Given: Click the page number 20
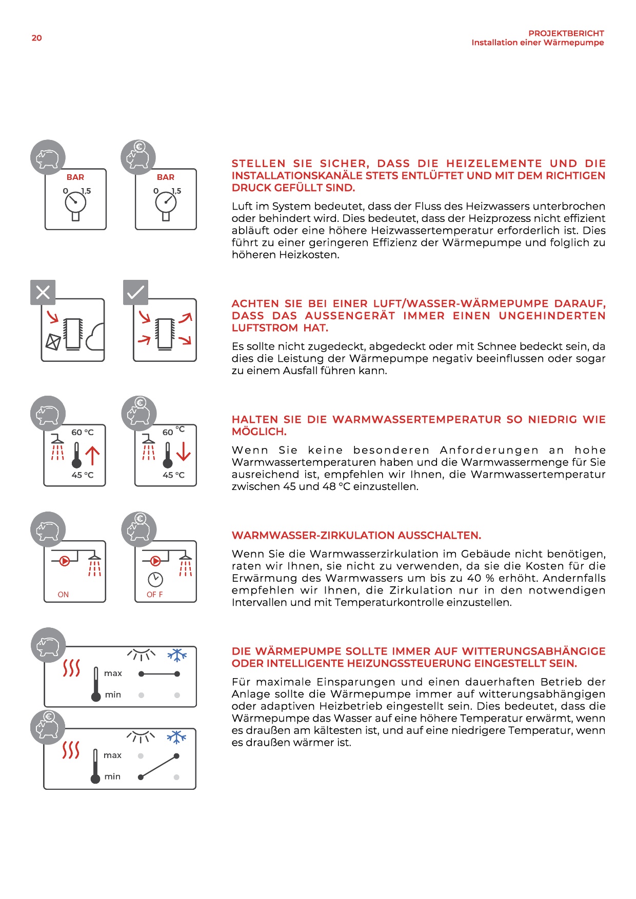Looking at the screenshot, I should tap(36, 38).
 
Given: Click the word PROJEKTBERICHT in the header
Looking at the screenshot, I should tap(566, 33).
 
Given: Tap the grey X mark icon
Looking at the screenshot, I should tap(43, 293).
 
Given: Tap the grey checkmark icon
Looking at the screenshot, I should tap(135, 293).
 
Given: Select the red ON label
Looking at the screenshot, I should tap(63, 595).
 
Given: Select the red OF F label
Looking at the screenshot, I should tap(154, 595).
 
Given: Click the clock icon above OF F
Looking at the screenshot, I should tap(155, 579).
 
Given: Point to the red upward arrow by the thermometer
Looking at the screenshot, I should tap(92, 455).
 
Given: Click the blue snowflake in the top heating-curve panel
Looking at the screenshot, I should tap(177, 655).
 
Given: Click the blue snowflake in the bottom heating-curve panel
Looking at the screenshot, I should tap(176, 737).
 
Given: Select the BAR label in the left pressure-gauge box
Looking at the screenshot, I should tap(75, 177).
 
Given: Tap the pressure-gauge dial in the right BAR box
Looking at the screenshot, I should tap(166, 202).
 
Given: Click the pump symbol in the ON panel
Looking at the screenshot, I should tap(65, 561).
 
